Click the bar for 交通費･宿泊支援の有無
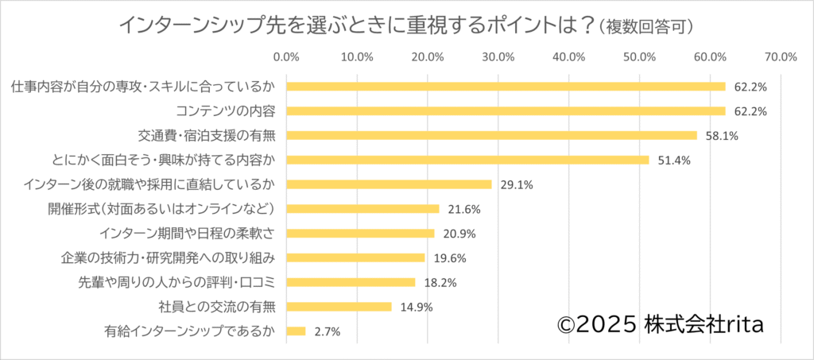[491, 135]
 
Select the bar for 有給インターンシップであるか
[296, 331]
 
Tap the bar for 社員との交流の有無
[339, 307]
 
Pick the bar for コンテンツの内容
[506, 110]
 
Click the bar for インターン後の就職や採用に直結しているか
[389, 184]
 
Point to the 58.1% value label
[722, 136]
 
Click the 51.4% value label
[674, 161]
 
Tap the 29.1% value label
[517, 185]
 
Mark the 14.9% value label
[417, 308]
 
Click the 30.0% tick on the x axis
[498, 56]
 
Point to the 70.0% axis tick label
[781, 56]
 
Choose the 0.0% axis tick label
[286, 56]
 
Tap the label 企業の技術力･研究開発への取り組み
[168, 258]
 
